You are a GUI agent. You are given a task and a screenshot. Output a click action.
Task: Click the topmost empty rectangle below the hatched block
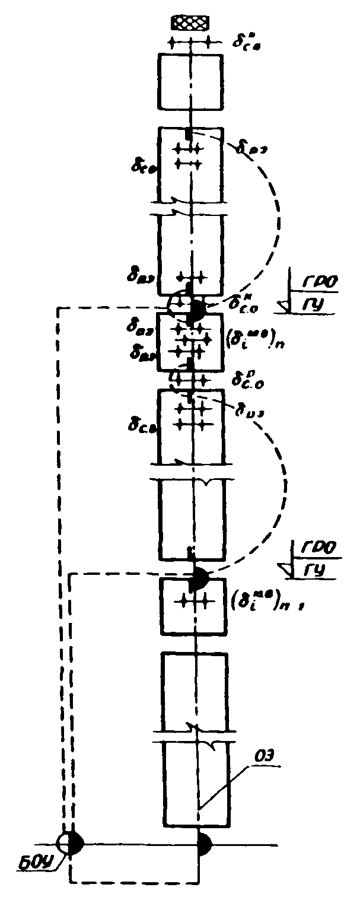[190, 82]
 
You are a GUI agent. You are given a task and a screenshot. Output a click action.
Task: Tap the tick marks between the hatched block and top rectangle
[190, 43]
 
